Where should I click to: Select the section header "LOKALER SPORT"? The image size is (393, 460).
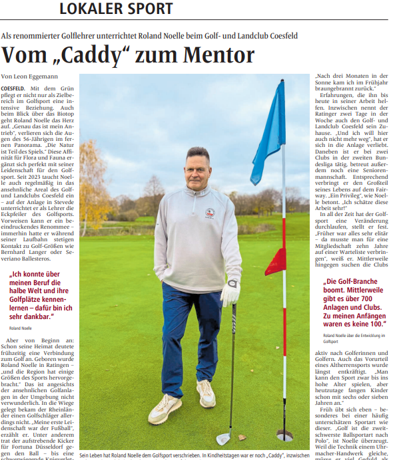click(116, 9)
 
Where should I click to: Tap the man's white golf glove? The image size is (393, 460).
click(230, 292)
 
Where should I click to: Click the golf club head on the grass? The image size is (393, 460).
click(224, 438)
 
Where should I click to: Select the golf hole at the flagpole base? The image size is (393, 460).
click(284, 436)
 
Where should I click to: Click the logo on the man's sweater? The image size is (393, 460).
click(210, 213)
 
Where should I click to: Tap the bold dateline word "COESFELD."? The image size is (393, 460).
click(14, 88)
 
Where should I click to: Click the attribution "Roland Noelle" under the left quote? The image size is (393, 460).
click(20, 328)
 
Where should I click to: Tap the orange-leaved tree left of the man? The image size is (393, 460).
click(93, 186)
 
